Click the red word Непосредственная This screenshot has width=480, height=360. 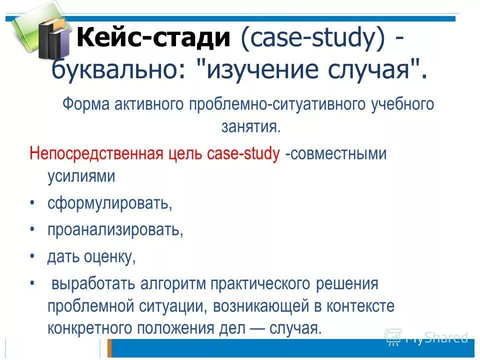95,153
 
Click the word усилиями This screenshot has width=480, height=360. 81,176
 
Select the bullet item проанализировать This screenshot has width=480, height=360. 115,230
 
